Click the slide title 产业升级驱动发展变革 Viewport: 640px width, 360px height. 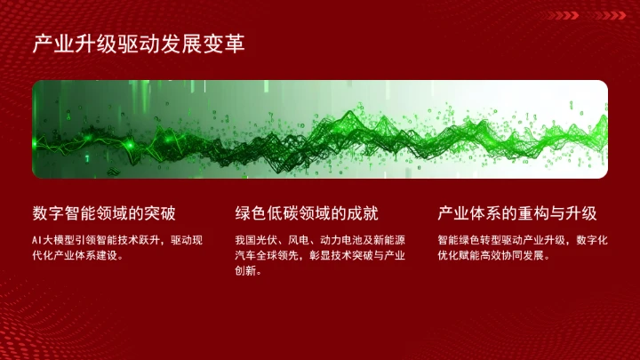(x=139, y=44)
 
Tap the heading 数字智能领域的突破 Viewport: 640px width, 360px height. (x=104, y=213)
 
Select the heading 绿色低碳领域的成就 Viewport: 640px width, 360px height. (x=307, y=213)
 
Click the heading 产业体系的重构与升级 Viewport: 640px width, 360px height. (x=516, y=213)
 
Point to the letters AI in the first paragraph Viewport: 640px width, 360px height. (x=36, y=240)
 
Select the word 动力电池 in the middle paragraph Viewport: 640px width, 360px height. (x=341, y=240)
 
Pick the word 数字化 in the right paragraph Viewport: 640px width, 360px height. (x=592, y=240)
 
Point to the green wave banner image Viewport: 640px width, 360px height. (x=320, y=129)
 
